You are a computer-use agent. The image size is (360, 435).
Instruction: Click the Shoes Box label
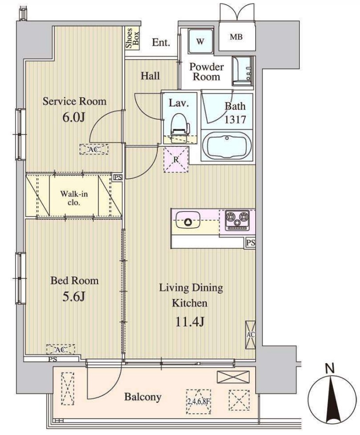pos(132,38)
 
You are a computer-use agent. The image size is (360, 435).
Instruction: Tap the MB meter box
pos(236,36)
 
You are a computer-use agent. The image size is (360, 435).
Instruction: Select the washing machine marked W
pos(200,42)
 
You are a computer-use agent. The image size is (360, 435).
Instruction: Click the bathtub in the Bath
pos(227,146)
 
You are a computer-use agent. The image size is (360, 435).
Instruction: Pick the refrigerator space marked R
pos(176,160)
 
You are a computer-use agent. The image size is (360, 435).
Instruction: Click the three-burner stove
pos(237,220)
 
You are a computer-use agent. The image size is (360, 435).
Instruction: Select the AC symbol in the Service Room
pos(94,149)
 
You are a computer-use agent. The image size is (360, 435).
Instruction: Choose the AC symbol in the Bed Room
pos(61,349)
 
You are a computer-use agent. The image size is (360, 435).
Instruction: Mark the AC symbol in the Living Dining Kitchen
pos(250,335)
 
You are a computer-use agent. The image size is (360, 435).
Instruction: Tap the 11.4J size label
pos(190,321)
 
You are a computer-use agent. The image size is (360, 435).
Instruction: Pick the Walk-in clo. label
pos(74,198)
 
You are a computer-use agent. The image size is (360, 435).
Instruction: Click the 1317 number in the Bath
pos(235,119)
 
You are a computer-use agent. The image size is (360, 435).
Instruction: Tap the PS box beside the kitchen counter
pos(251,243)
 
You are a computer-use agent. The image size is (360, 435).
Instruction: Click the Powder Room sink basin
pos(243,70)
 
